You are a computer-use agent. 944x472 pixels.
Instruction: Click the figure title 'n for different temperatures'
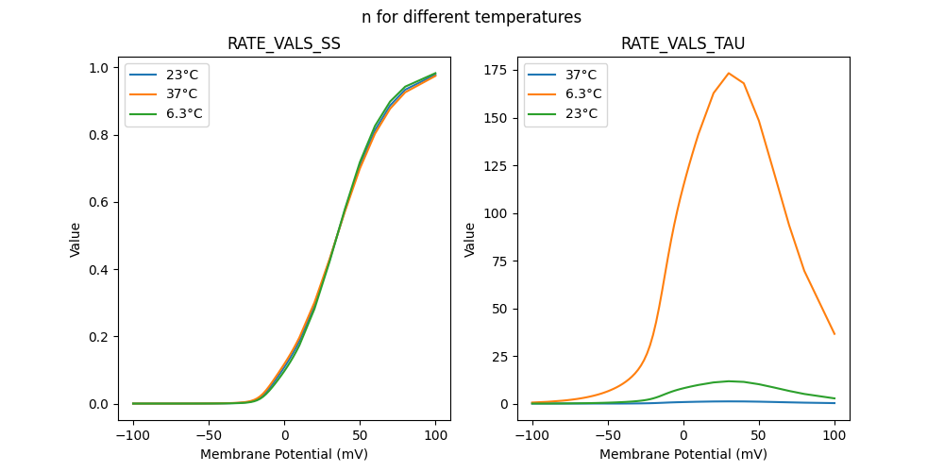[x=471, y=17]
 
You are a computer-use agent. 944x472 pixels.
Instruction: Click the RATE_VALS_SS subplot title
[x=284, y=44]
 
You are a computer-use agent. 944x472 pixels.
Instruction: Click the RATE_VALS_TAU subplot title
[x=683, y=44]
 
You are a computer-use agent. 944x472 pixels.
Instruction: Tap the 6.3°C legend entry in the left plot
[x=183, y=114]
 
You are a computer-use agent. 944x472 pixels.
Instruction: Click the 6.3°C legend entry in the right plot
[x=582, y=94]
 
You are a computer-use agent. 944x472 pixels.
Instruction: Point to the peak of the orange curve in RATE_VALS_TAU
[x=729, y=73]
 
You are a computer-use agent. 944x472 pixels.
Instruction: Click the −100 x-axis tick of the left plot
[x=133, y=436]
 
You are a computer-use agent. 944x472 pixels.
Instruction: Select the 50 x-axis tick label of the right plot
[x=759, y=436]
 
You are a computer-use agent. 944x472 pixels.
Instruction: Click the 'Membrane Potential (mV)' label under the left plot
[x=284, y=454]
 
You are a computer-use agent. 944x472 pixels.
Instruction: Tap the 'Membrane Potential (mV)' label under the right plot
[x=683, y=454]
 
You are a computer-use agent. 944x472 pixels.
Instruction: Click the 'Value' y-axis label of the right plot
[x=469, y=239]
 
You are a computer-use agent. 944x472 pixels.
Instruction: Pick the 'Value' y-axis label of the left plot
[x=76, y=239]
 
